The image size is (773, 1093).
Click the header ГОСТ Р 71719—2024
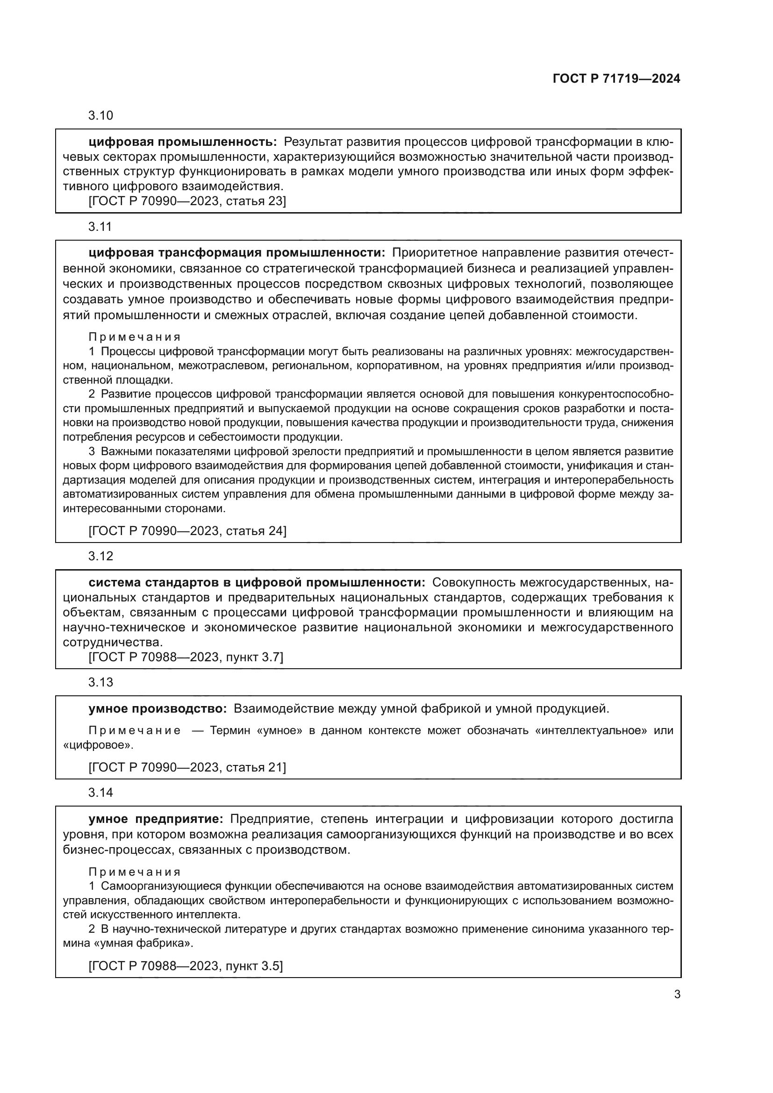click(x=616, y=79)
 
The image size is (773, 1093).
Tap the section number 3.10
click(x=100, y=116)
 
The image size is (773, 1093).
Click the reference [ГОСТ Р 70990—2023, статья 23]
click(x=187, y=201)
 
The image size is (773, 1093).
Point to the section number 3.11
click(x=100, y=227)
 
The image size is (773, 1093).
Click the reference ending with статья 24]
click(x=187, y=531)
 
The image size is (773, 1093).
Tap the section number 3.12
click(x=100, y=556)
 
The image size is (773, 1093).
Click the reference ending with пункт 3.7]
click(x=186, y=657)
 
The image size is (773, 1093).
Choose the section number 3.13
click(x=100, y=682)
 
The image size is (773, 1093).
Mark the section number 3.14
click(x=100, y=793)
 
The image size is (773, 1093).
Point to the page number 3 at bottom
click(x=677, y=994)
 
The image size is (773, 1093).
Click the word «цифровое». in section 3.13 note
click(x=98, y=745)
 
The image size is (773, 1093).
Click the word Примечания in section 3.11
click(x=135, y=337)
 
